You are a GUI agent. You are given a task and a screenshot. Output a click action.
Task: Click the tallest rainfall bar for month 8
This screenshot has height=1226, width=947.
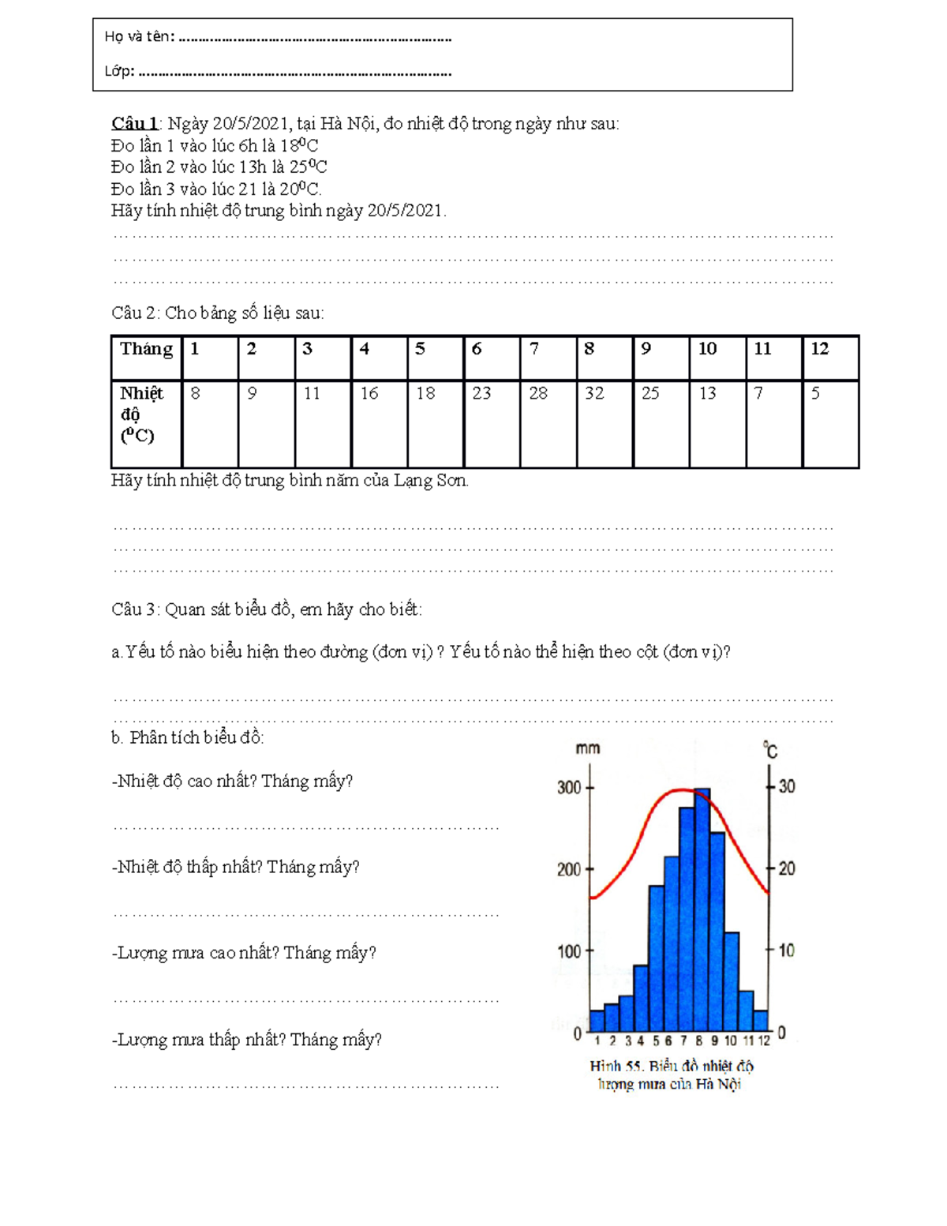point(702,908)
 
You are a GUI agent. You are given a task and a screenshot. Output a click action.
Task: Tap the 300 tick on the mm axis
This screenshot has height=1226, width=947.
point(569,788)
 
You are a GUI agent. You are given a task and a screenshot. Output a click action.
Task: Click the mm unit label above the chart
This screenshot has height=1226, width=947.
point(587,748)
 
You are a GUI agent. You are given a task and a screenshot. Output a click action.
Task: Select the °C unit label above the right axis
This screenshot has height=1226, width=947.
point(770,750)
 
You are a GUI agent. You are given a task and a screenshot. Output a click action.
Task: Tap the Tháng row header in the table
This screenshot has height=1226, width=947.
point(146,349)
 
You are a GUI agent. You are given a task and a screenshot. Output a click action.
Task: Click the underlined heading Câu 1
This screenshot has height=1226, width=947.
point(134,123)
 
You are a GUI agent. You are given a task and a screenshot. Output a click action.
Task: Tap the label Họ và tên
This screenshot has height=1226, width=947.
point(138,36)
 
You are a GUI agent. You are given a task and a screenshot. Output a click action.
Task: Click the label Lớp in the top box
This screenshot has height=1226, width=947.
point(118,71)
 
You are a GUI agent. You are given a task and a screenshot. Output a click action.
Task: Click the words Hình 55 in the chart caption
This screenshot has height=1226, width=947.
point(616,1066)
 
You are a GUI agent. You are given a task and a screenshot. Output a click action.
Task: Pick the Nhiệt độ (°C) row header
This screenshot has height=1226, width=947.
point(141,414)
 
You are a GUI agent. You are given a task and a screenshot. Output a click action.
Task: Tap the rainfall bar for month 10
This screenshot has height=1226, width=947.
point(732,983)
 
